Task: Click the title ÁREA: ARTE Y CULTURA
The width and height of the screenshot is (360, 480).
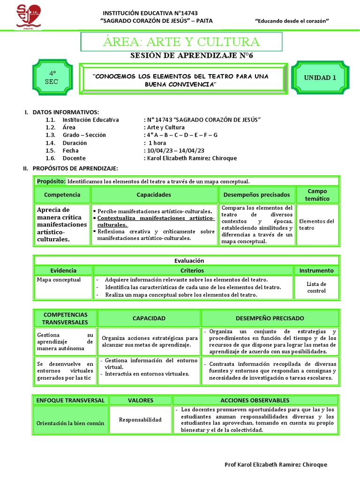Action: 181,42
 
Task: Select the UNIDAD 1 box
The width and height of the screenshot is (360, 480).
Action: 320,78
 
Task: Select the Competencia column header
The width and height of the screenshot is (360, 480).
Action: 62,195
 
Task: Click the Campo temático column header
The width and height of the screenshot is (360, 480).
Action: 317,195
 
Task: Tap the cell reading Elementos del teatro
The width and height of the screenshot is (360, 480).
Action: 317,225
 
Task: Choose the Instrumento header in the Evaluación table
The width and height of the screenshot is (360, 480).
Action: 317,270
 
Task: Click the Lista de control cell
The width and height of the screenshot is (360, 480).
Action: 316,287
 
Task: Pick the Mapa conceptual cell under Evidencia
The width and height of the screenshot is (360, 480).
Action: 59,280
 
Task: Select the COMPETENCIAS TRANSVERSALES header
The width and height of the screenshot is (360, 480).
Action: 65,318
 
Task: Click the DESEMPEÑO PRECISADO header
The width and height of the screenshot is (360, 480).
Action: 270,318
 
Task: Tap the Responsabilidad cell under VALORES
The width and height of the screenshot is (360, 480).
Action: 140,420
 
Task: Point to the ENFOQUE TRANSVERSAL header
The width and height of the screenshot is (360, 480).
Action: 70,400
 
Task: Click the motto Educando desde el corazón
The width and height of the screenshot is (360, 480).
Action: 292,21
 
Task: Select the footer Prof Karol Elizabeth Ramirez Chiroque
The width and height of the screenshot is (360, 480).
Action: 276,464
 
